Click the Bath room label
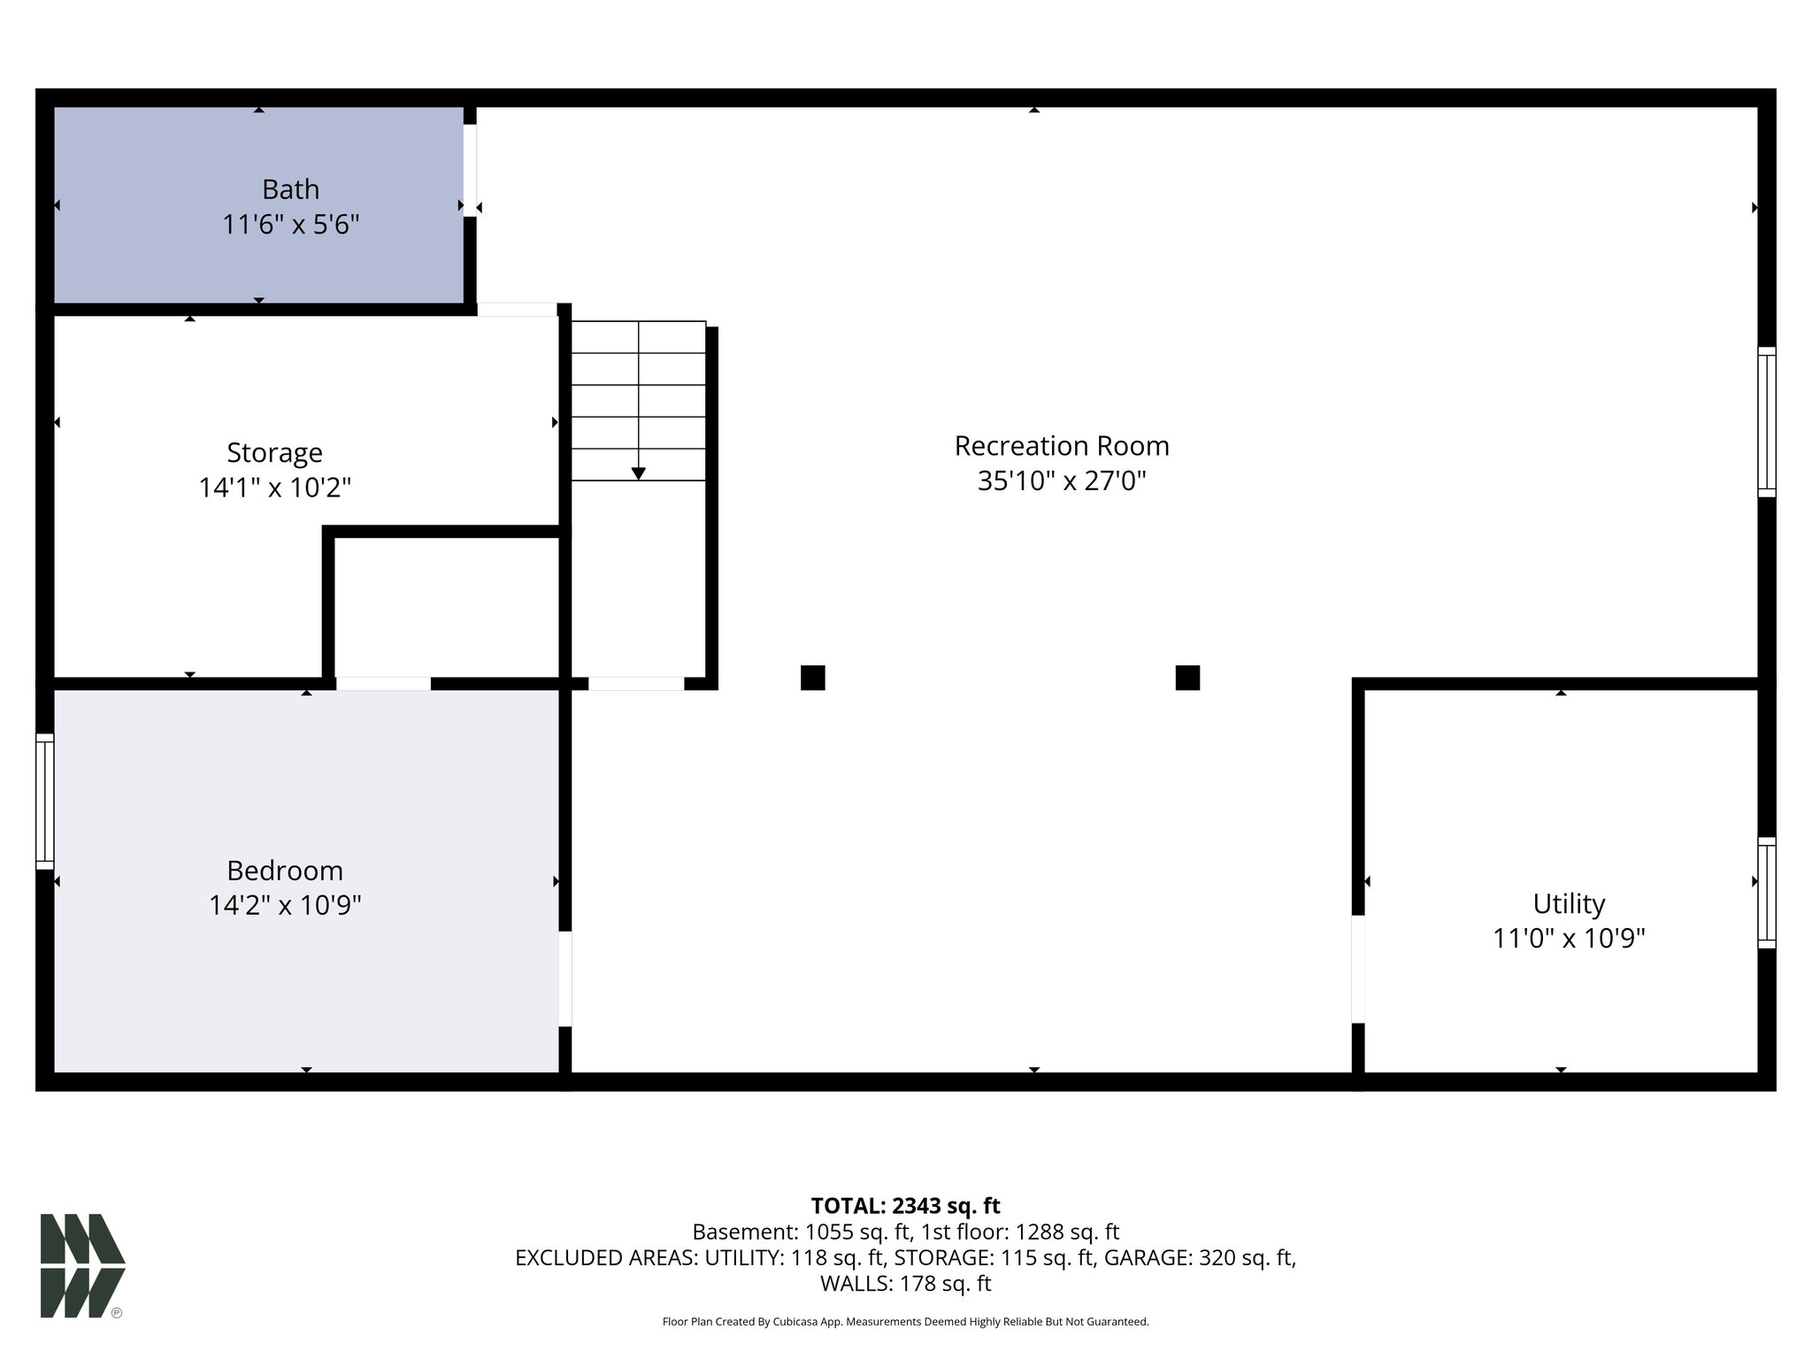[290, 189]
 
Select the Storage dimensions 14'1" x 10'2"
[275, 488]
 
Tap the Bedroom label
[285, 871]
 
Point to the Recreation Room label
[1061, 446]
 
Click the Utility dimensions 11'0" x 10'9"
[1568, 938]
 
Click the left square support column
[812, 678]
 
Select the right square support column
[1187, 678]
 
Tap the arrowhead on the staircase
[638, 473]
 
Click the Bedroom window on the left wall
[44, 801]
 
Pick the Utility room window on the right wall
[1766, 893]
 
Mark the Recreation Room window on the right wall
[1766, 421]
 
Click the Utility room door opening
[1358, 969]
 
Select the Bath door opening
[470, 170]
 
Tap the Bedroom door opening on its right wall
[564, 979]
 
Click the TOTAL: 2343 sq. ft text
[905, 1206]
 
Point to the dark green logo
[82, 1265]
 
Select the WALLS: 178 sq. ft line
[905, 1283]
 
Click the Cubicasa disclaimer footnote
[905, 1322]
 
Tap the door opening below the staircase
[636, 683]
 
